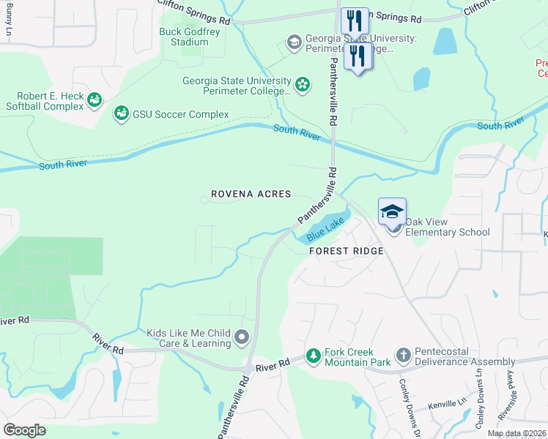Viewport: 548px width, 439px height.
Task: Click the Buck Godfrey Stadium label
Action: (183, 37)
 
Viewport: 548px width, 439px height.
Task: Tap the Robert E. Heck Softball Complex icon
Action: (94, 100)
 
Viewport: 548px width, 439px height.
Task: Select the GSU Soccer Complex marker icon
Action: (121, 114)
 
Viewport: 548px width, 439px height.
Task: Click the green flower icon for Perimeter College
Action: (302, 85)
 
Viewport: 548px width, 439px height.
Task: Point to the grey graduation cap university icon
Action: (295, 42)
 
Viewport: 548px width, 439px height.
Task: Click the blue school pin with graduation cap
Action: (392, 211)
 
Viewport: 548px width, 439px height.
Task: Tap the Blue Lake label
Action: (325, 232)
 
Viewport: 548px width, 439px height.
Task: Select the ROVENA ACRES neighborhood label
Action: (251, 195)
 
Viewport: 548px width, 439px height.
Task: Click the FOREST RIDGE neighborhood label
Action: (346, 251)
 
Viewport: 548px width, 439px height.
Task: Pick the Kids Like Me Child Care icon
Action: (242, 337)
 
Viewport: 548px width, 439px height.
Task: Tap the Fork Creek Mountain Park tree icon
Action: (313, 356)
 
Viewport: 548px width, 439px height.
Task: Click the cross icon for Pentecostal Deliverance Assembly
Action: (402, 356)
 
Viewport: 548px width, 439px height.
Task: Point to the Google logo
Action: (25, 429)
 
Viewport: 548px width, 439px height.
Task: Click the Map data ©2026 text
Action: (516, 433)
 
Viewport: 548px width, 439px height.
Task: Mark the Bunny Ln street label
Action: (8, 20)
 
